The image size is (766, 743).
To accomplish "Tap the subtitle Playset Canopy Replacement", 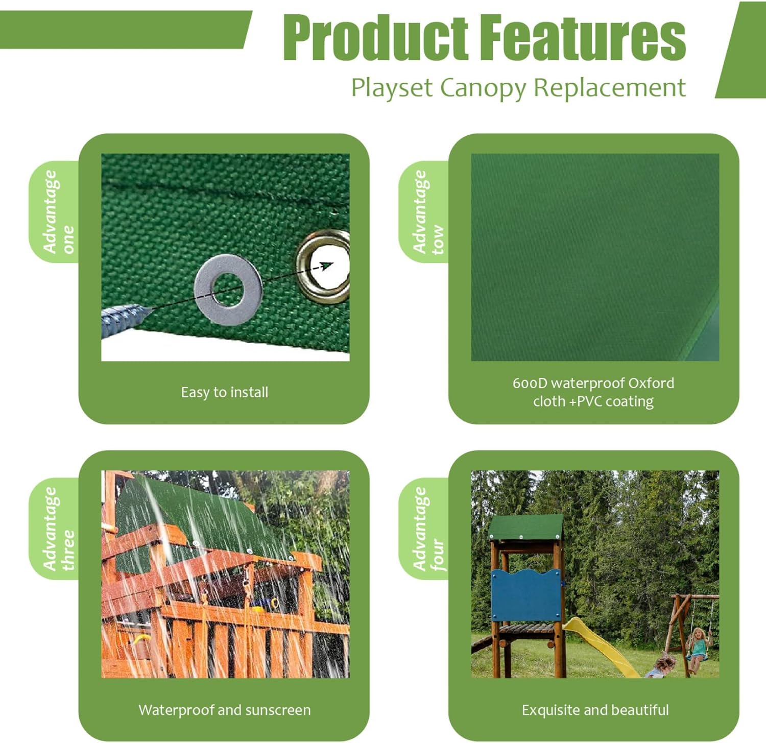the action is click(x=518, y=88).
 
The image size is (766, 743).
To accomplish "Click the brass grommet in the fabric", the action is click(x=324, y=266).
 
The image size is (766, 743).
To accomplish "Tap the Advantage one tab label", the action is click(x=58, y=212).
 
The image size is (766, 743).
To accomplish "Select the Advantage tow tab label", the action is click(x=428, y=212).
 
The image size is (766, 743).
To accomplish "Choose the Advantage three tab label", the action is click(x=58, y=529).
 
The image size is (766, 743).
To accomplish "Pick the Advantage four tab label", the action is click(x=428, y=529).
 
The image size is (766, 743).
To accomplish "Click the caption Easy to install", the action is click(x=225, y=392).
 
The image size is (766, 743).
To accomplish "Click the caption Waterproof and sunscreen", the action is click(x=225, y=710).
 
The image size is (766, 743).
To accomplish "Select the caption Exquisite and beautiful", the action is click(x=595, y=710).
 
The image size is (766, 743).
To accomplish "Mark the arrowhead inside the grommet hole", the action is click(x=327, y=265).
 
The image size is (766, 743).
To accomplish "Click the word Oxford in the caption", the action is click(x=651, y=383).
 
